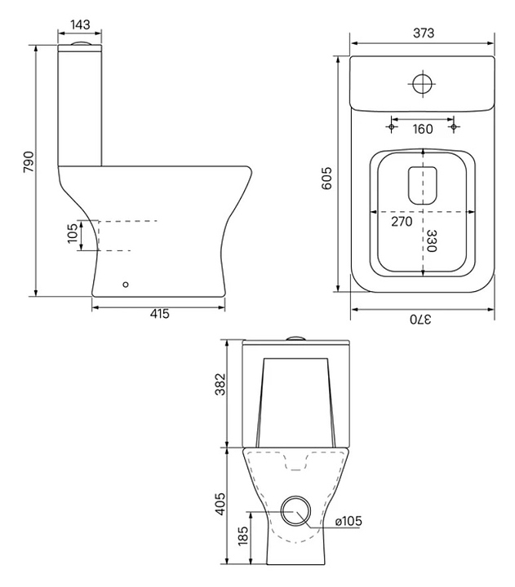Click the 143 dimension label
point(80,24)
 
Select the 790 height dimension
point(29,161)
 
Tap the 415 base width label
point(160,313)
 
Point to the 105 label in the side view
point(73,233)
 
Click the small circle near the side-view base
point(126,285)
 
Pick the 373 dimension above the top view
point(424,33)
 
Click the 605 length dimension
point(326,179)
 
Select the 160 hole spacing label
point(423,129)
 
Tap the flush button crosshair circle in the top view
point(423,83)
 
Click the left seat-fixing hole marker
point(392,127)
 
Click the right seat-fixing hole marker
point(454,127)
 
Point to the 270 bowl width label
point(402,222)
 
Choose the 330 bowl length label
point(432,241)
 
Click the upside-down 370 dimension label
point(420,320)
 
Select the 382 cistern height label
point(220,384)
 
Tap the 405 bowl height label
point(220,504)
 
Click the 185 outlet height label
point(243,536)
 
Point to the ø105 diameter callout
point(349,521)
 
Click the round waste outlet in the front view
point(296,511)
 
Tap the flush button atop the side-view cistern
point(79,43)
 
